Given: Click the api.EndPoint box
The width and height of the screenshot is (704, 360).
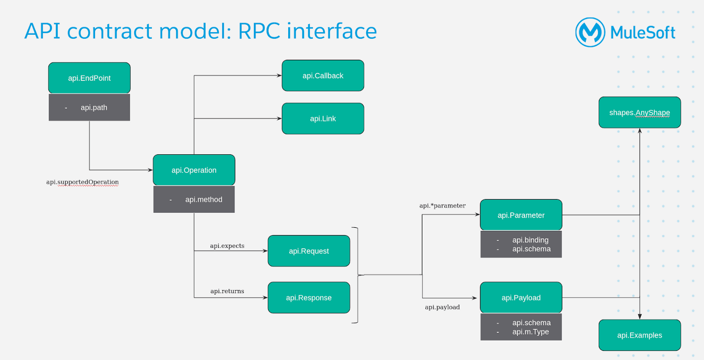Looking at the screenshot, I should pos(90,78).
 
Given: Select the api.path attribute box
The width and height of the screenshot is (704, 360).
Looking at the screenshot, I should pos(90,108).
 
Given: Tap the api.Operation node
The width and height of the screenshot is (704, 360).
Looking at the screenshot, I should pos(194,170).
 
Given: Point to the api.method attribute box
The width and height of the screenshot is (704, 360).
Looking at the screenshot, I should pos(194,200).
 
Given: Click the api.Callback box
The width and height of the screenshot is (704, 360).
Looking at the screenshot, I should pos(323,75).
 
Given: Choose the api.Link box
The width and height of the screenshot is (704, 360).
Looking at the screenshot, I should pos(323,119).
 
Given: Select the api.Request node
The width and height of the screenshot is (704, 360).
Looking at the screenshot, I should pos(309,251).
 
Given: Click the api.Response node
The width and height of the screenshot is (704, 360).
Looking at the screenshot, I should pos(309,298).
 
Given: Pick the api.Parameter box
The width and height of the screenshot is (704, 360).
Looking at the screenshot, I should pos(521,215).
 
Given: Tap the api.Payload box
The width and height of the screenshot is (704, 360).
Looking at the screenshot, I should pos(521,298).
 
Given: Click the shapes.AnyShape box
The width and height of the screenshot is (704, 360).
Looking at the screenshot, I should pos(640,113).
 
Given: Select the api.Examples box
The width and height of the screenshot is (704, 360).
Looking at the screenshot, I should pos(640,335).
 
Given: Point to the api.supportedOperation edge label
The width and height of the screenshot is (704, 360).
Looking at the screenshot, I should pos(82,182).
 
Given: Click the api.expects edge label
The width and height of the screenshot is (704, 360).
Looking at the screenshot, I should pos(227,246).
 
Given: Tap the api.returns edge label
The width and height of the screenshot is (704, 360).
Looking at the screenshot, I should pos(227,291).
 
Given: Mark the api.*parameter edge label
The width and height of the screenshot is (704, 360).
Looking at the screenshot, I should pos(443,206).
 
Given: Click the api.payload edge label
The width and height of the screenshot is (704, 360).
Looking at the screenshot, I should pos(443,307).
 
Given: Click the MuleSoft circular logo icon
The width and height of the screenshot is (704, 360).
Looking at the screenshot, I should pos(590,33).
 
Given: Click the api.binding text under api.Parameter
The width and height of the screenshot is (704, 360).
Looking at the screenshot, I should pos(530,240).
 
